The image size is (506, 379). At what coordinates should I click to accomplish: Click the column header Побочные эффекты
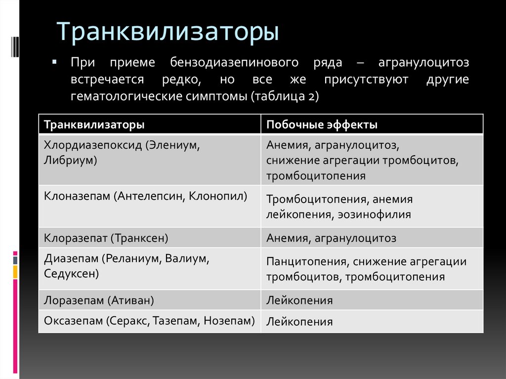(x=322, y=125)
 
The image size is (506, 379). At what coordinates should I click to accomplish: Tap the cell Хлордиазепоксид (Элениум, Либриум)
(x=123, y=152)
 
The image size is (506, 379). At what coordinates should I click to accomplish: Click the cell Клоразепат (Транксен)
(x=106, y=238)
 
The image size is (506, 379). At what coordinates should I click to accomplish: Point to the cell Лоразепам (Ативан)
(x=99, y=300)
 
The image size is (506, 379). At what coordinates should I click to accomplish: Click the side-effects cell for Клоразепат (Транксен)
(x=331, y=238)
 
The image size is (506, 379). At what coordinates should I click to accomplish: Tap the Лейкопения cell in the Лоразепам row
(x=299, y=300)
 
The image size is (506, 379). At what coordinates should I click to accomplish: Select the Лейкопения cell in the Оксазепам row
(x=299, y=322)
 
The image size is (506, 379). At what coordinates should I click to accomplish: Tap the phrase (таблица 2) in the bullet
(x=285, y=96)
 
